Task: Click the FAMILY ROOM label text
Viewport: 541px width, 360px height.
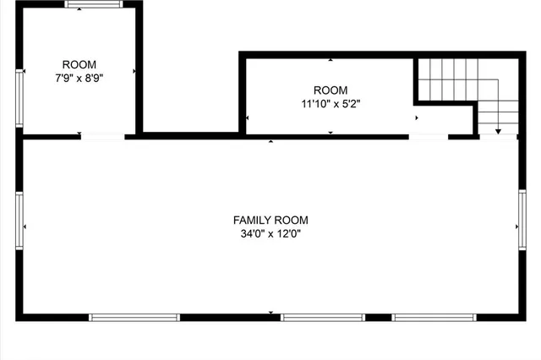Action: coord(270,220)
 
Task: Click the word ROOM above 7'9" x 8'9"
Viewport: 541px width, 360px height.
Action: coord(79,64)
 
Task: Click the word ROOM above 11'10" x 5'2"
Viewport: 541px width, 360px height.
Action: coord(330,90)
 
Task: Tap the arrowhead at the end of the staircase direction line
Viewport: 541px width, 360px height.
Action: coord(498,131)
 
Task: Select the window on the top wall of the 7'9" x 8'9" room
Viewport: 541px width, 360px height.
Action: coord(94,4)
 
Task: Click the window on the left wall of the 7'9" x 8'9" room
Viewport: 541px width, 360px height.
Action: coord(20,98)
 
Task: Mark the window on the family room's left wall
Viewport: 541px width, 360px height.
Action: coord(20,226)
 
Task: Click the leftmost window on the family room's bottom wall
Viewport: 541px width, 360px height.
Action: coord(134,318)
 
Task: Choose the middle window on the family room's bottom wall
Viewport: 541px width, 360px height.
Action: coord(323,318)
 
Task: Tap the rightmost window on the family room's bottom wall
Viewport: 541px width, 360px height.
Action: coord(434,318)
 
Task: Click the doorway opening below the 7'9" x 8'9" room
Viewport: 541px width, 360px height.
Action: coord(102,136)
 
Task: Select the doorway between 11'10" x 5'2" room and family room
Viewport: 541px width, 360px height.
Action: coord(429,136)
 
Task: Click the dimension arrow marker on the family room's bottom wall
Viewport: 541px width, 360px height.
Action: coord(270,313)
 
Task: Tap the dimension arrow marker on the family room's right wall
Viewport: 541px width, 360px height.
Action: coord(516,226)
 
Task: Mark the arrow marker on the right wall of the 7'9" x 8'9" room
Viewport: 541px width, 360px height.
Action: coord(134,71)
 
